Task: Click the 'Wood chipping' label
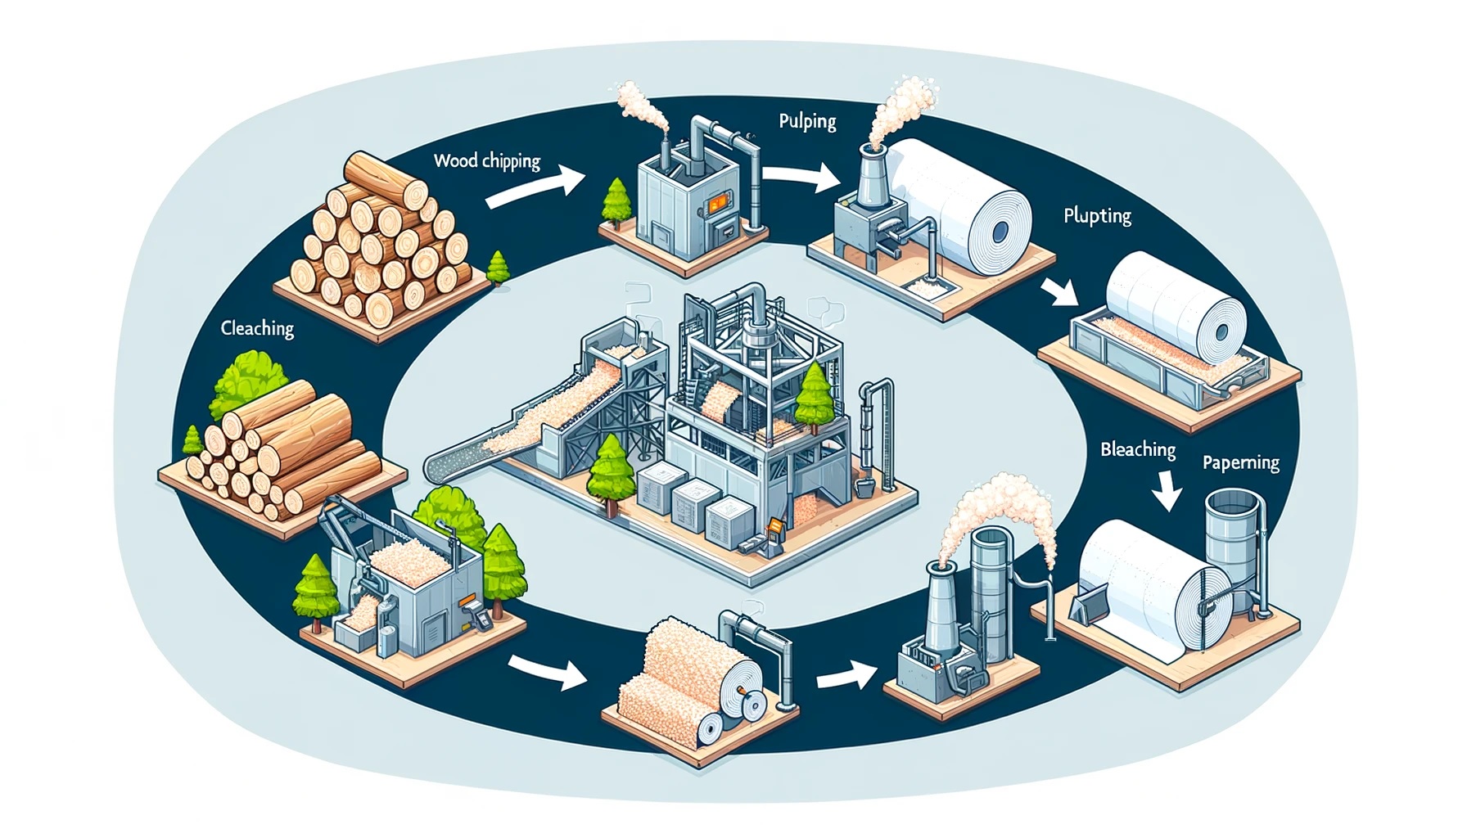[x=487, y=160]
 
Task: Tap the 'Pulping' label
[x=807, y=122]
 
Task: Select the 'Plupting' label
[x=1097, y=216]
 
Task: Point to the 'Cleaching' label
[x=257, y=328]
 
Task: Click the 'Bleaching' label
[x=1138, y=449]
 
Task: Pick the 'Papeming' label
[x=1240, y=462]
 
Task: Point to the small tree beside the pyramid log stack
[x=498, y=268]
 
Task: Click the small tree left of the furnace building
[x=616, y=201]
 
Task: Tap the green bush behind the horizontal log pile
[x=250, y=381]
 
